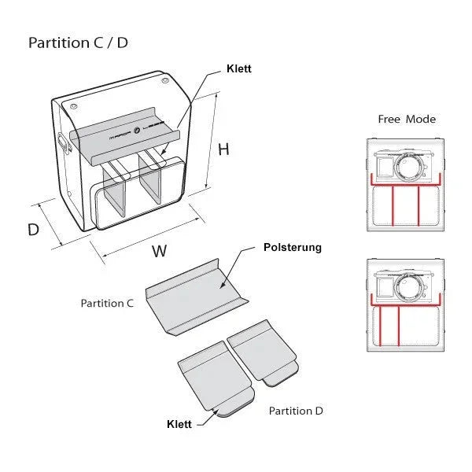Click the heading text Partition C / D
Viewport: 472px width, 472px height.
click(78, 42)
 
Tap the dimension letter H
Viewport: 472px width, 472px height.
click(223, 149)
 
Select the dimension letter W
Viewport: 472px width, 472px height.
click(160, 252)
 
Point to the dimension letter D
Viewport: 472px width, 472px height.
click(33, 230)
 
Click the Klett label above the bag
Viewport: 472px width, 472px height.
click(238, 69)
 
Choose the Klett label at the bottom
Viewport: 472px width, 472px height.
click(179, 424)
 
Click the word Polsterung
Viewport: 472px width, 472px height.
click(293, 248)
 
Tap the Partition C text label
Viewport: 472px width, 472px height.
click(107, 303)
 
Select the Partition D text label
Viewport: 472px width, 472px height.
click(296, 411)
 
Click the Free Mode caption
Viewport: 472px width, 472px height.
click(407, 120)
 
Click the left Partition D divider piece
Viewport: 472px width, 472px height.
click(214, 378)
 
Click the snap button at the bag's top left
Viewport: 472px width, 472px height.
click(73, 105)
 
